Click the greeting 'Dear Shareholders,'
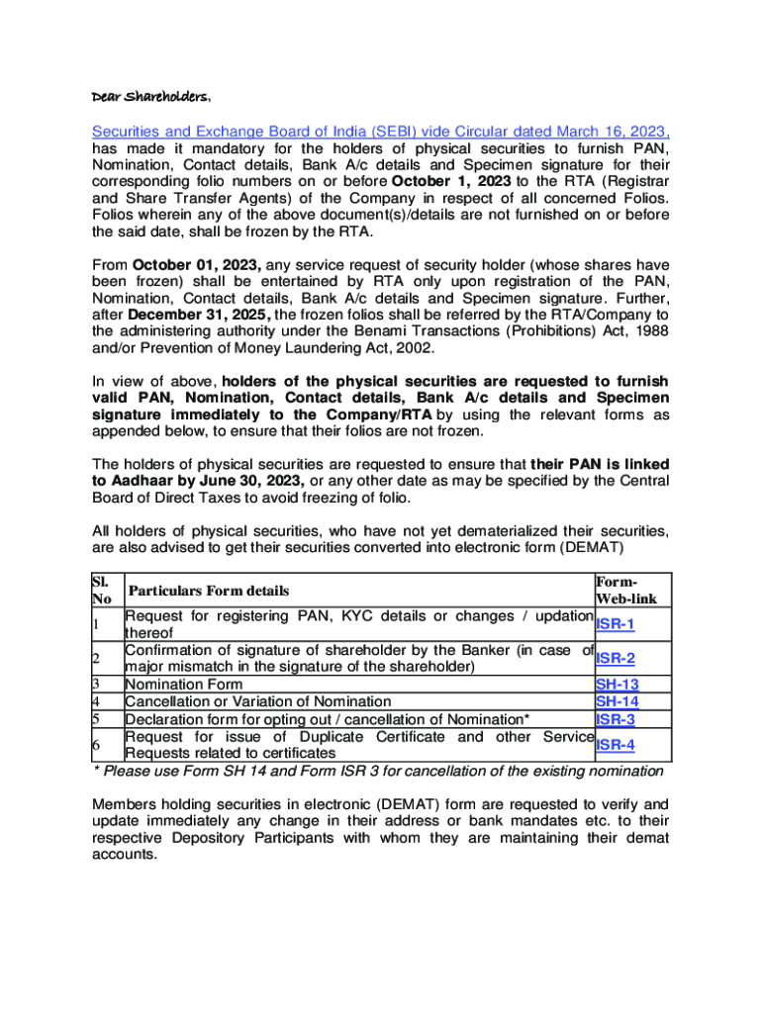click(x=150, y=98)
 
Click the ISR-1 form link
click(x=615, y=625)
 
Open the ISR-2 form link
click(x=615, y=658)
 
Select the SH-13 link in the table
click(x=617, y=685)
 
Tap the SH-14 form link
click(x=617, y=701)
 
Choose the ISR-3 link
click(x=615, y=719)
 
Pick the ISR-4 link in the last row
click(x=615, y=745)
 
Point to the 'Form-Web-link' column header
click(x=626, y=591)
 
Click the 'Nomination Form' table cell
click(x=183, y=685)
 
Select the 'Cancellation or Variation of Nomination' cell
click(x=257, y=701)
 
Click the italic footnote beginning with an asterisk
click(x=377, y=772)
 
